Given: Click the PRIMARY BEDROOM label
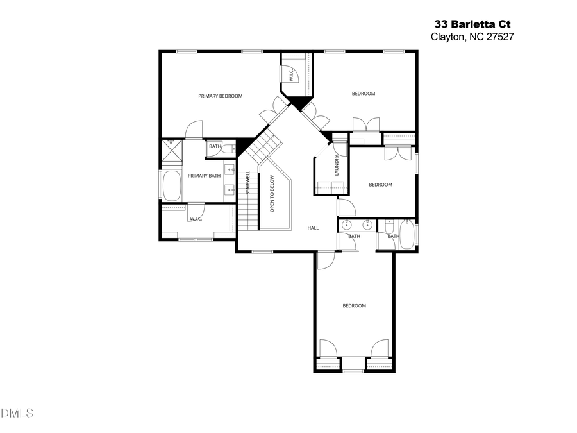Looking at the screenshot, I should point(220,96).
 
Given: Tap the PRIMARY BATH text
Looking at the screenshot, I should point(204,176).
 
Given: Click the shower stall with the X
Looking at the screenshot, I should point(171,151).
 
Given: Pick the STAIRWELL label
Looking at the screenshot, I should point(248,183).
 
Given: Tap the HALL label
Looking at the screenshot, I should point(313,228).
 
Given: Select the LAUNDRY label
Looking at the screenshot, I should point(336,166).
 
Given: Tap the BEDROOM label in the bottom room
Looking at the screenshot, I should point(354,305).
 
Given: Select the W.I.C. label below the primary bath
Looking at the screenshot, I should point(196,219).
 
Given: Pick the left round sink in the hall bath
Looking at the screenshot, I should point(347,225).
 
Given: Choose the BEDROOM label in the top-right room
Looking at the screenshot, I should point(363,94).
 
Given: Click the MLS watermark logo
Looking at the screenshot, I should point(17,412).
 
